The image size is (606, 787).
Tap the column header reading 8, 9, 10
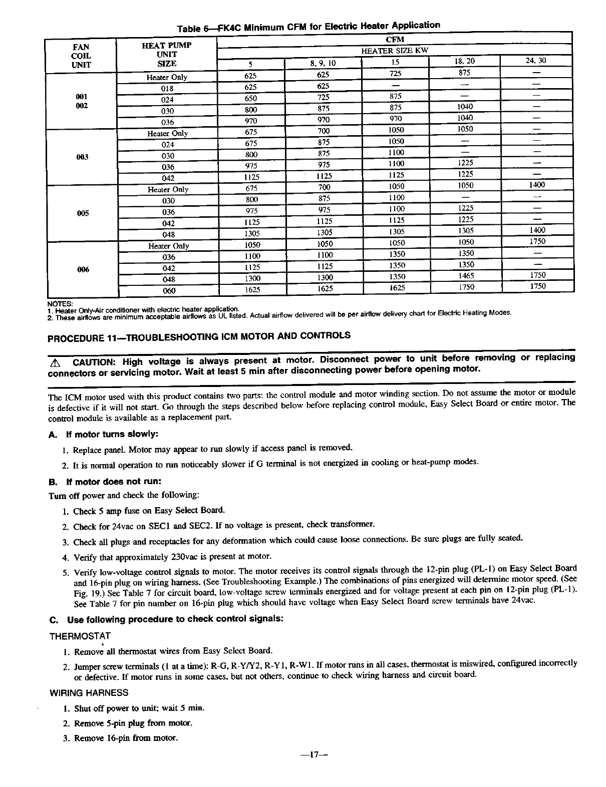[x=323, y=63]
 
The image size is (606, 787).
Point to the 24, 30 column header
[x=535, y=61]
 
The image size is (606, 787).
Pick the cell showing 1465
[x=466, y=276]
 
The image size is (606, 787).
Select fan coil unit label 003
[x=82, y=157]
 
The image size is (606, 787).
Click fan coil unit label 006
[x=83, y=269]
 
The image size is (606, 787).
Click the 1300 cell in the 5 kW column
[x=251, y=278]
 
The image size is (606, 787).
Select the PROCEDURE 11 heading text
[x=199, y=336]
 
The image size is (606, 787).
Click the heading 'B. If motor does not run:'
[x=105, y=482]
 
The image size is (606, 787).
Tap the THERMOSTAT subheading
[x=80, y=636]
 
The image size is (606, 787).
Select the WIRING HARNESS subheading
[x=89, y=693]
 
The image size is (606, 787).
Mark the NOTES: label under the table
[x=59, y=303]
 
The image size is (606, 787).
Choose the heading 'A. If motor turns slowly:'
[x=107, y=434]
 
